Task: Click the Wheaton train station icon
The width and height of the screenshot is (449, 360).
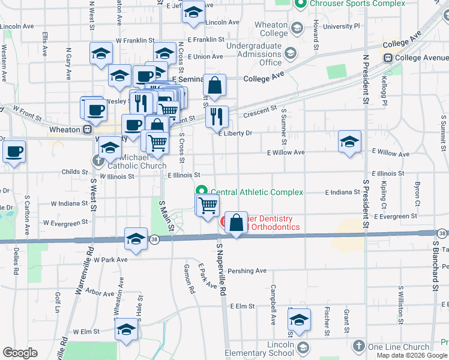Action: point(88,130)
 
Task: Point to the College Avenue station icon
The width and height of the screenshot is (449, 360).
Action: point(388,58)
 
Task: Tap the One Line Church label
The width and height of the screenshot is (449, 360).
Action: point(399,347)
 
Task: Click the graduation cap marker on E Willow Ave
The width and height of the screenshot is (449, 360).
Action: point(349,142)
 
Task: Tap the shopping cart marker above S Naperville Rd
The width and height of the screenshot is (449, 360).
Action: point(208,205)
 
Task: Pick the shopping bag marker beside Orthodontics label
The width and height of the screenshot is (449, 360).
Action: point(237,221)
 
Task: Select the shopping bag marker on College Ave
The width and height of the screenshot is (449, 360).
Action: point(214,85)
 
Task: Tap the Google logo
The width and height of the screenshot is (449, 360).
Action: point(20,353)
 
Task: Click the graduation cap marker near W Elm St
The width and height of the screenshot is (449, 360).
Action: point(127,329)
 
